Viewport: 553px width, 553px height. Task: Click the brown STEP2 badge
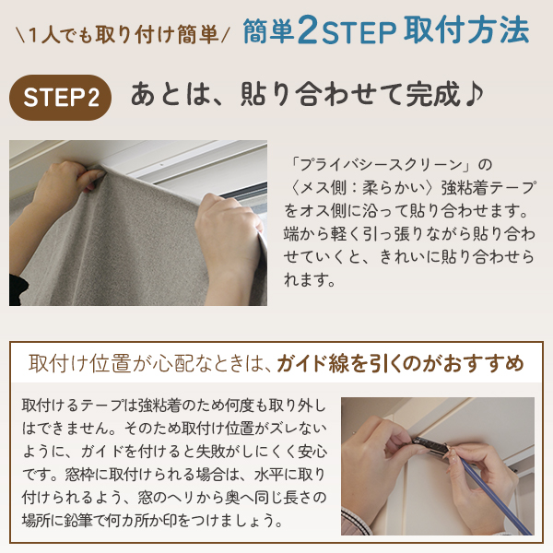point(60,98)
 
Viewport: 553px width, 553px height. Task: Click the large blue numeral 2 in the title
point(308,30)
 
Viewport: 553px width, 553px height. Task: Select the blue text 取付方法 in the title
point(466,30)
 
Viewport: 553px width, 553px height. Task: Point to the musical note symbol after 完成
point(474,93)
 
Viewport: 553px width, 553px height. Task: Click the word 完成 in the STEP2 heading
point(433,94)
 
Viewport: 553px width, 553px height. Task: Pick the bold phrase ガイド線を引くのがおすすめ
point(400,364)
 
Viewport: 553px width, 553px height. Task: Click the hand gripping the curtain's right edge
point(229,234)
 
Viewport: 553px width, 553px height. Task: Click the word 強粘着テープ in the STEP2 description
point(488,187)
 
